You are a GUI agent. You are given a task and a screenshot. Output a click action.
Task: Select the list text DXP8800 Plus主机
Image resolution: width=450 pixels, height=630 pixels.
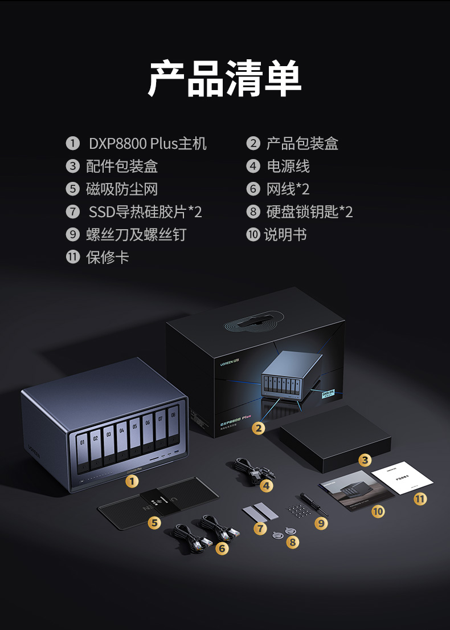tap(147, 144)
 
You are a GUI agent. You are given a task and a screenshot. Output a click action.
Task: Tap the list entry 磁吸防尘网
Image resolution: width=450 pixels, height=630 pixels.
tap(121, 189)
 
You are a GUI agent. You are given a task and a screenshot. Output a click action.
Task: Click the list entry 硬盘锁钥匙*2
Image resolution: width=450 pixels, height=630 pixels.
tap(309, 212)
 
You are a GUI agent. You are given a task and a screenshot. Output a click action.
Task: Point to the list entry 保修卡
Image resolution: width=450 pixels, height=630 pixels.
tap(107, 257)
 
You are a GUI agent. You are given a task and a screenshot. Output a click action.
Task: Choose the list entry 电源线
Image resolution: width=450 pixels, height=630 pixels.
tap(288, 166)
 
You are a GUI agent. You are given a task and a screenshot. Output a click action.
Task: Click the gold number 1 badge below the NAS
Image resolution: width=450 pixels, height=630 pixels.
tap(132, 482)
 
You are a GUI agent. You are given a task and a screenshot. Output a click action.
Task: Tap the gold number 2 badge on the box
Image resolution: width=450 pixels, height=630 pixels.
tap(259, 428)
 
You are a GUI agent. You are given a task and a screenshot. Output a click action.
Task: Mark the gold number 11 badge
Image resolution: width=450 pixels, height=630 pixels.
tap(420, 499)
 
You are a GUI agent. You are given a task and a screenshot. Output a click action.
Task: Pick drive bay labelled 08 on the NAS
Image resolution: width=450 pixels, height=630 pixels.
tap(173, 433)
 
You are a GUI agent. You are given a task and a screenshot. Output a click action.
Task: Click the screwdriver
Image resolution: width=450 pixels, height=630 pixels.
tap(314, 505)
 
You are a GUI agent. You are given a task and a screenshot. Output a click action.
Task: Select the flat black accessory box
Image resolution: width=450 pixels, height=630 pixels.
tap(336, 436)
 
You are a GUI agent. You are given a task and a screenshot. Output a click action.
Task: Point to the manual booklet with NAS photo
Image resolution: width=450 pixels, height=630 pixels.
tap(349, 489)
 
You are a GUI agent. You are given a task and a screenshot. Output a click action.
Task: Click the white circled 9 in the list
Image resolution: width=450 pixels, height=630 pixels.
tap(72, 235)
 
